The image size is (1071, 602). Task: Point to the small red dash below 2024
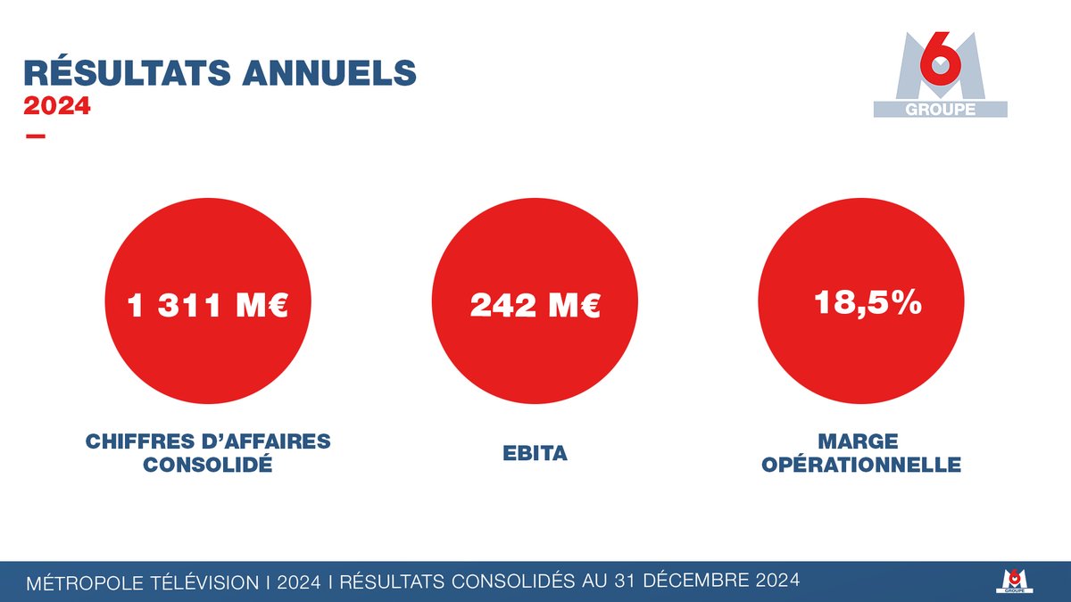click(36, 136)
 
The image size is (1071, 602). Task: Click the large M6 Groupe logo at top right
click(940, 76)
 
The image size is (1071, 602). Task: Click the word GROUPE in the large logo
click(940, 110)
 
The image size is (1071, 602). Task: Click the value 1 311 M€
click(208, 307)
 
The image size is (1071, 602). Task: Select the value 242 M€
click(535, 307)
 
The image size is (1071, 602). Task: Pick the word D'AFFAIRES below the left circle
click(265, 441)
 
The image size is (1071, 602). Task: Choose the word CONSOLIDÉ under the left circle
click(208, 465)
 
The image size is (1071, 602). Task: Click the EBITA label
click(535, 454)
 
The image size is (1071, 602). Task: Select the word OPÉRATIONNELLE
click(861, 465)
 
